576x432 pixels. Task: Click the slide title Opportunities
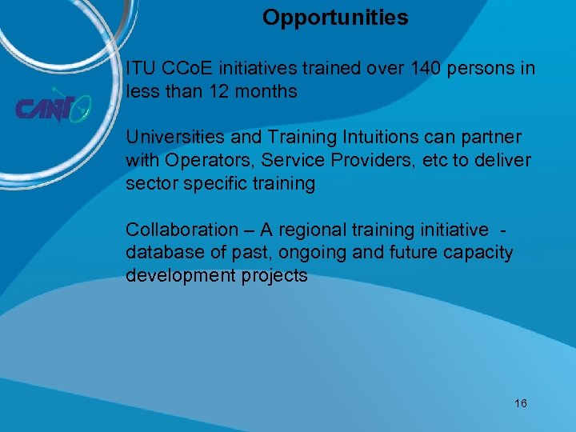pyautogui.click(x=335, y=18)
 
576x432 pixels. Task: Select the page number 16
pyautogui.click(x=521, y=403)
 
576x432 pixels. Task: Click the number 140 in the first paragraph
pyautogui.click(x=425, y=69)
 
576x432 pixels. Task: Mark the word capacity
pyautogui.click(x=480, y=254)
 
